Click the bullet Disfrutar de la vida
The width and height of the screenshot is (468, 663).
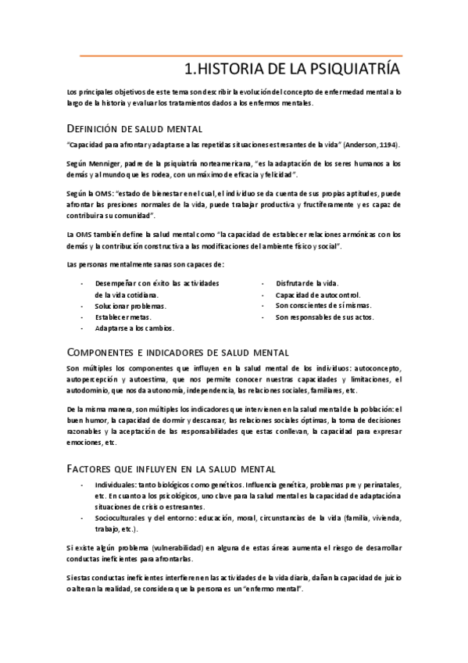click(x=307, y=282)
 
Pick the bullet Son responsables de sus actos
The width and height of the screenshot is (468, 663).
click(x=325, y=317)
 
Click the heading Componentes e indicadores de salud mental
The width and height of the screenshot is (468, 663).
click(x=178, y=353)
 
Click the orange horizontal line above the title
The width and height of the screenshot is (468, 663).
click(x=242, y=56)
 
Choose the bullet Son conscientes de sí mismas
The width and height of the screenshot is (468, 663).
click(x=323, y=305)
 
